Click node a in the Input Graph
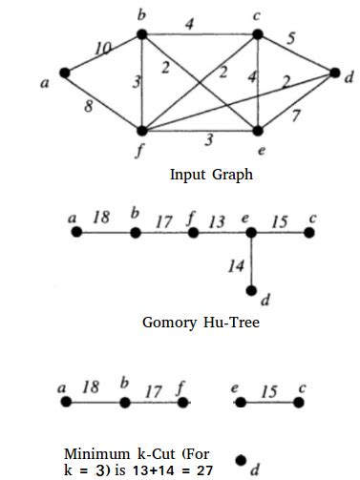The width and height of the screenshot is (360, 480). point(65,73)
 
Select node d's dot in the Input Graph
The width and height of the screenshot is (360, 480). point(333,73)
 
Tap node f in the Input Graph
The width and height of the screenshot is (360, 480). point(141,129)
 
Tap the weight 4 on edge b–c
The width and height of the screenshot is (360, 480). point(189,25)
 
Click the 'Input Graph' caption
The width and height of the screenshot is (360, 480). point(211,175)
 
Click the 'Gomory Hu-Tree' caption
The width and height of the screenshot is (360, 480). point(201,323)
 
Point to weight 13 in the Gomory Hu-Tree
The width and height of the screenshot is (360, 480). point(217,221)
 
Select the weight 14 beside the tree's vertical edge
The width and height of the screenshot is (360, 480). point(236,266)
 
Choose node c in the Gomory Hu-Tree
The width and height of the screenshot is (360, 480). point(307,232)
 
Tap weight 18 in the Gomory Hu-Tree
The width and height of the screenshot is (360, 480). point(101,218)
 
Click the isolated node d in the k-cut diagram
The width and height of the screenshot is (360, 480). point(243,460)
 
